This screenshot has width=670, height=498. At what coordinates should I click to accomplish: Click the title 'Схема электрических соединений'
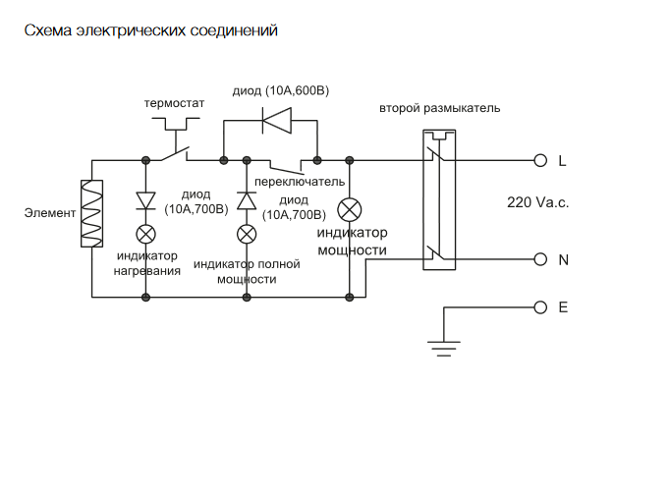pos(150,31)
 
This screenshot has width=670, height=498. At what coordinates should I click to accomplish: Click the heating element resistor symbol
pos(90,213)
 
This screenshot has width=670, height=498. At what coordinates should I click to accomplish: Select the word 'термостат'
pos(174,102)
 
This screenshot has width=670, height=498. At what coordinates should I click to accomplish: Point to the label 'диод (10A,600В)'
pos(281,90)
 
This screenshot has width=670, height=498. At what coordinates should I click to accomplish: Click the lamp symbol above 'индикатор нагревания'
pos(145,234)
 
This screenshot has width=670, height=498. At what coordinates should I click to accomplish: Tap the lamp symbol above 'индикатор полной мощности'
pos(248,234)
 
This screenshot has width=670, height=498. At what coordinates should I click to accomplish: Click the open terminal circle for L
pos(539,159)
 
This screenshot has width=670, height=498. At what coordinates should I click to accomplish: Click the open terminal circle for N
pos(539,259)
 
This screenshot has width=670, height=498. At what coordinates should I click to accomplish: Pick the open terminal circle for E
pos(539,306)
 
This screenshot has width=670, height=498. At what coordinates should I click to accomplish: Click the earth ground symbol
pos(444,343)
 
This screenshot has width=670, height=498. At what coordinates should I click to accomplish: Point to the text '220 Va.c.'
pos(537,202)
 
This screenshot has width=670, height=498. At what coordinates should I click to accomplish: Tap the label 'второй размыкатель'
pos(439,107)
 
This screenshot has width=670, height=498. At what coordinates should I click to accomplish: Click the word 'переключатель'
pos(299,182)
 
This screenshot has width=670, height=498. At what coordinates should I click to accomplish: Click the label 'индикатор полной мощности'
pos(247,271)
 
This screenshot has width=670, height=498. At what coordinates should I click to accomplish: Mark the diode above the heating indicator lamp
pos(145,200)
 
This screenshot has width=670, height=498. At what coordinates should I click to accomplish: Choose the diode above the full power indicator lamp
pos(248,200)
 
